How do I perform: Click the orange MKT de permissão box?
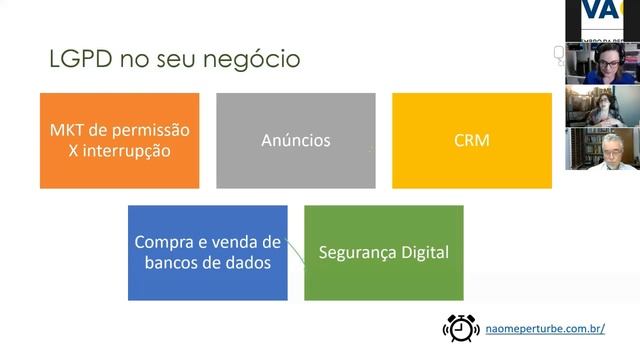119,141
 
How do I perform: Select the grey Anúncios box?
295,141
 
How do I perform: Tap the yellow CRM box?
471,141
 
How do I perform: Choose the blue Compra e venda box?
207,252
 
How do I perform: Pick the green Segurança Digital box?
383,252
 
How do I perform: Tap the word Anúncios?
295,141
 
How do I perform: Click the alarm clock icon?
461,327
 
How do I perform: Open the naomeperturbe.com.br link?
544,328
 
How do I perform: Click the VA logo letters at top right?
603,11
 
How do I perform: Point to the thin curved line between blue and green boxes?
294,251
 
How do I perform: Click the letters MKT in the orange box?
67,131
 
